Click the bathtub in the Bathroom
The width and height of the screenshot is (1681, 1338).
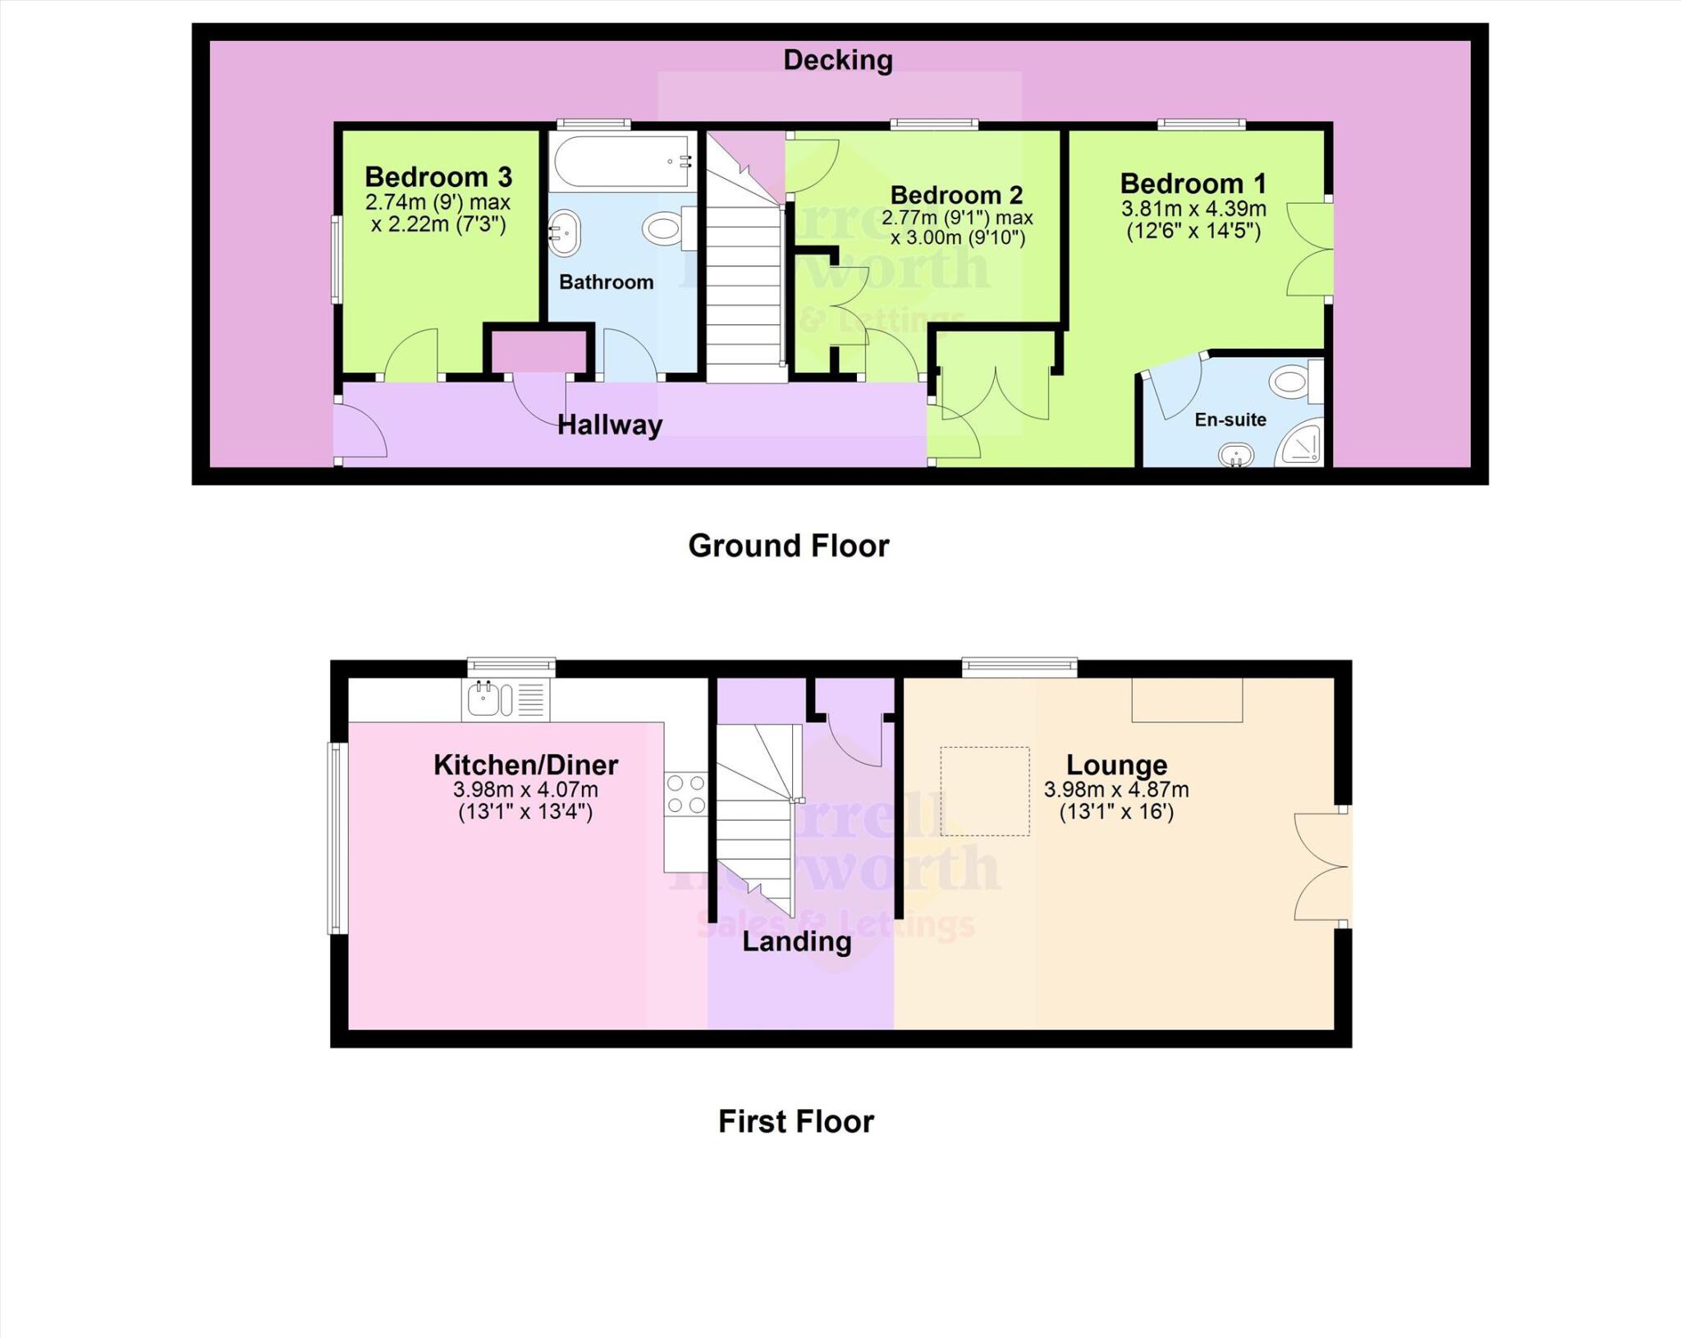pyautogui.click(x=621, y=162)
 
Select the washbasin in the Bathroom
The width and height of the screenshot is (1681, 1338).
pyautogui.click(x=565, y=233)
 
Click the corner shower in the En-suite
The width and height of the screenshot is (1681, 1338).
pyautogui.click(x=1300, y=446)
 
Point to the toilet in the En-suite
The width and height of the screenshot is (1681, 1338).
pyautogui.click(x=1294, y=383)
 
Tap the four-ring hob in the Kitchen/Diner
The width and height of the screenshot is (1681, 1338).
pyautogui.click(x=685, y=794)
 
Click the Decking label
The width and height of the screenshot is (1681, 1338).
pyautogui.click(x=837, y=60)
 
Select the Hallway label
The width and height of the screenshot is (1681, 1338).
pyautogui.click(x=609, y=425)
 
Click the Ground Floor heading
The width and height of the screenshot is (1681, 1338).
pyautogui.click(x=788, y=546)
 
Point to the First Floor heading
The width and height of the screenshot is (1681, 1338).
pyautogui.click(x=795, y=1121)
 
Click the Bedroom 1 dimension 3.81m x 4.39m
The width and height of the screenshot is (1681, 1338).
pyautogui.click(x=1193, y=209)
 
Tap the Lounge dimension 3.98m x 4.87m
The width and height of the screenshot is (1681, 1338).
pyautogui.click(x=1115, y=790)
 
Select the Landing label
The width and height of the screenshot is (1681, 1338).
pyautogui.click(x=796, y=942)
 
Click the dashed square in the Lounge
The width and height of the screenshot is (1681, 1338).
pyautogui.click(x=984, y=791)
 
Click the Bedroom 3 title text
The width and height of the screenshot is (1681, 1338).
pyautogui.click(x=438, y=176)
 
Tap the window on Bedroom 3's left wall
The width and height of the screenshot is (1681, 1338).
pyautogui.click(x=336, y=259)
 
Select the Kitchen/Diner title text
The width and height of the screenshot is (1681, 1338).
pyautogui.click(x=525, y=764)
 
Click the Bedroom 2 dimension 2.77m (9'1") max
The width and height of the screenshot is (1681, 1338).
pyautogui.click(x=956, y=218)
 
